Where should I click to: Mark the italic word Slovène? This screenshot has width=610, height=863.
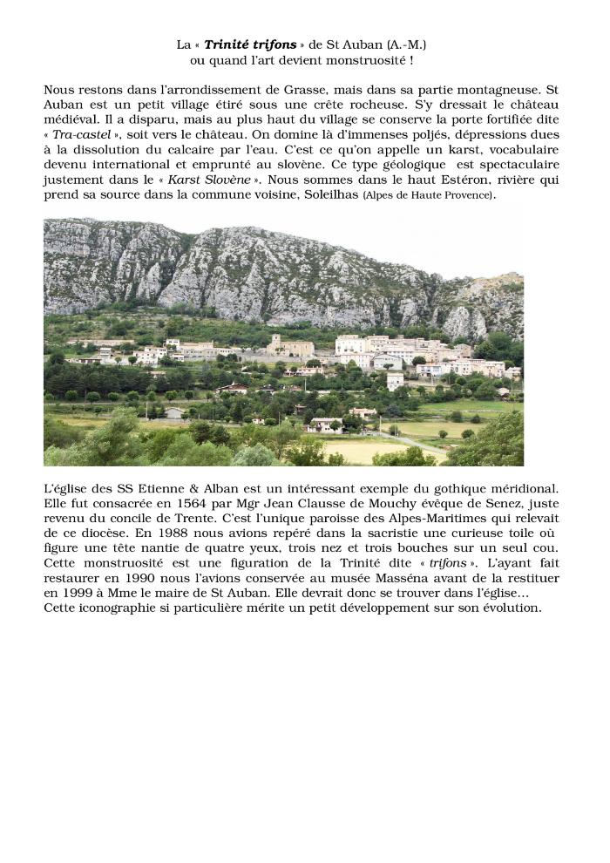tap(228, 180)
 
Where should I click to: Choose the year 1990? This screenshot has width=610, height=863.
tap(151, 579)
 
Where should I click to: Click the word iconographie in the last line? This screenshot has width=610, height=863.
tap(125, 608)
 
